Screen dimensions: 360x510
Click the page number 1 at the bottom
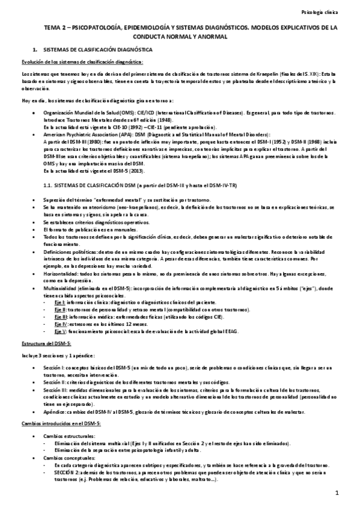click(x=337, y=493)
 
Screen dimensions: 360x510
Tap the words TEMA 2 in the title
click(x=55, y=28)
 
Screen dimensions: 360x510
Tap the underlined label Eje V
click(x=59, y=331)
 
